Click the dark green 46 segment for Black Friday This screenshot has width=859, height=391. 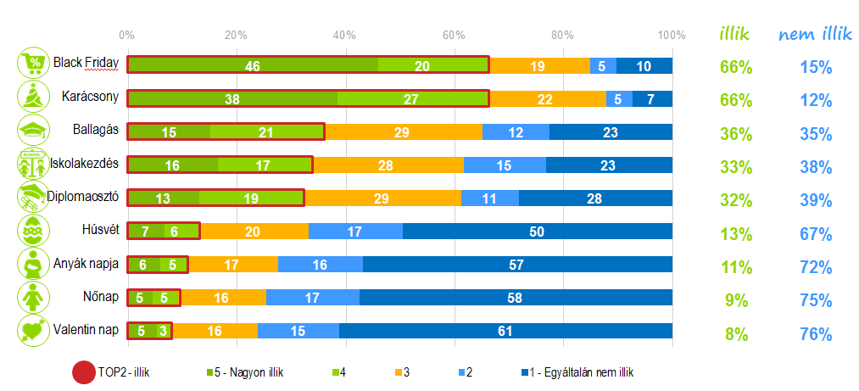pyautogui.click(x=253, y=65)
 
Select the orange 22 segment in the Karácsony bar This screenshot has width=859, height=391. pyautogui.click(x=544, y=98)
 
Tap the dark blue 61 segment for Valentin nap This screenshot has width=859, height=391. pyautogui.click(x=505, y=330)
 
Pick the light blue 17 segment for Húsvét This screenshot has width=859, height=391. pyautogui.click(x=355, y=231)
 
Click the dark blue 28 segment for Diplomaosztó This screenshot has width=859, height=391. pyautogui.click(x=595, y=198)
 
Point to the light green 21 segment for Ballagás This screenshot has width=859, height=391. pyautogui.click(x=267, y=131)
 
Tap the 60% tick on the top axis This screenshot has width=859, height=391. pyautogui.click(x=454, y=36)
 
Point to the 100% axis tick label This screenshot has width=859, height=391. pyautogui.click(x=672, y=36)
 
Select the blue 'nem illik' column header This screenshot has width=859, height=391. pyautogui.click(x=815, y=35)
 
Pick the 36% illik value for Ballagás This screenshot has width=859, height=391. pyautogui.click(x=735, y=134)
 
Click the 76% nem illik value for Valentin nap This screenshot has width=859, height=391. pyautogui.click(x=815, y=334)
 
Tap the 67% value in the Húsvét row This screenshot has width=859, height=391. pyautogui.click(x=815, y=234)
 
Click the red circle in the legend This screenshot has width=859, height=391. pyautogui.click(x=83, y=372)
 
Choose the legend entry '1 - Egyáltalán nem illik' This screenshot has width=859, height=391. pyautogui.click(x=581, y=372)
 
